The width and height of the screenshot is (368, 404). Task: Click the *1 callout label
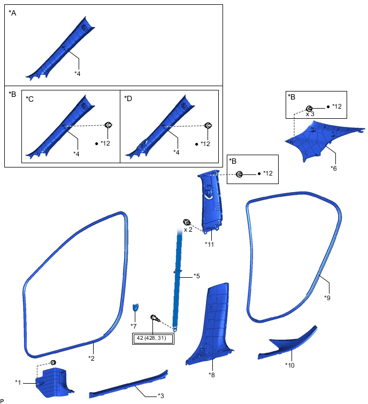(x=18, y=382)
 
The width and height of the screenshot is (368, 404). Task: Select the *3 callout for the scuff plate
(x=161, y=395)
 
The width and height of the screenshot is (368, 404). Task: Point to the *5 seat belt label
(x=196, y=276)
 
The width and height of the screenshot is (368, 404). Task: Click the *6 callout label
(x=333, y=168)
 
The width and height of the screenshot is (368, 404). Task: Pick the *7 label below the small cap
(x=134, y=325)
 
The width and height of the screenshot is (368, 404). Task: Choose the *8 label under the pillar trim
(x=211, y=375)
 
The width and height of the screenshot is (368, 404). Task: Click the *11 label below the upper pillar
(x=209, y=243)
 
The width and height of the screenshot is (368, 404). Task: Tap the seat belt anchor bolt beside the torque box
(x=155, y=319)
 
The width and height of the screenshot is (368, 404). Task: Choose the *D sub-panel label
(x=128, y=98)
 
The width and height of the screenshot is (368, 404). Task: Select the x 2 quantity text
(x=188, y=229)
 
